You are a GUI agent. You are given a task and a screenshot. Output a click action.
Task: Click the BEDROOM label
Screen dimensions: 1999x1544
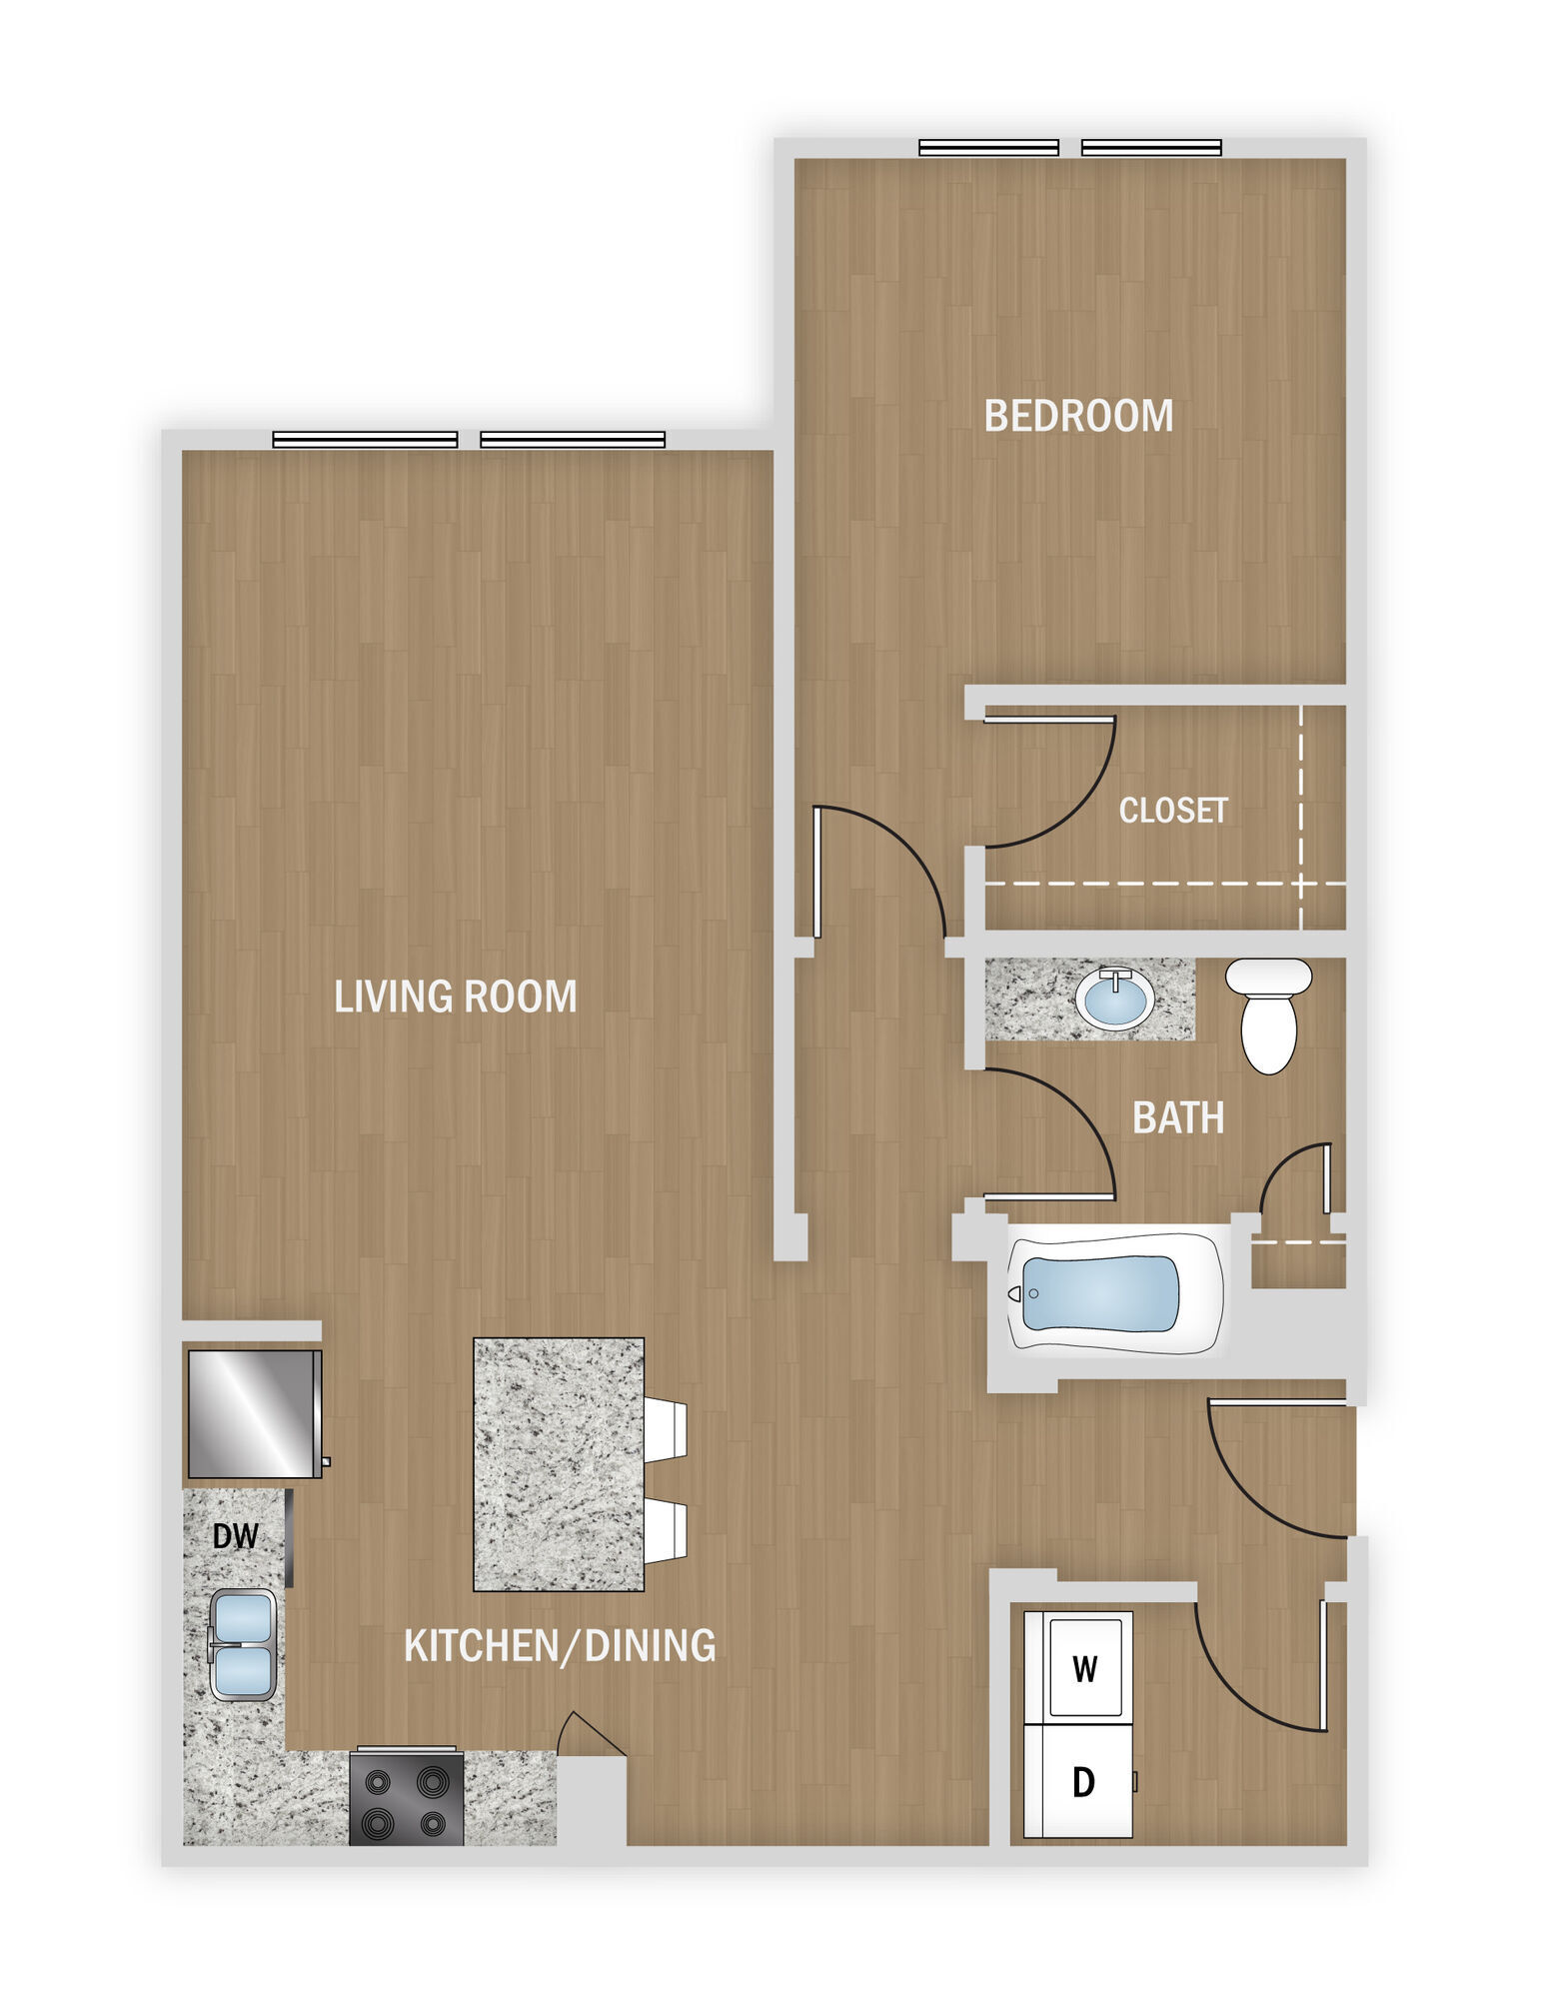click(1078, 416)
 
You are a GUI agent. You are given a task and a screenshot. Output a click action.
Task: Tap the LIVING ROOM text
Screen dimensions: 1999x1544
click(455, 997)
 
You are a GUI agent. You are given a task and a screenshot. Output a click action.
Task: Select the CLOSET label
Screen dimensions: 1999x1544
click(1172, 810)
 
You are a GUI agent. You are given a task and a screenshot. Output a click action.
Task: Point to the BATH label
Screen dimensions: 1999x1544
click(1178, 1117)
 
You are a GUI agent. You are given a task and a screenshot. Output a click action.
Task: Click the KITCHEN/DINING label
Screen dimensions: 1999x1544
click(560, 1645)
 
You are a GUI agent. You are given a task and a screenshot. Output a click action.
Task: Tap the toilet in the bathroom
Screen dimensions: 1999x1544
click(1269, 1013)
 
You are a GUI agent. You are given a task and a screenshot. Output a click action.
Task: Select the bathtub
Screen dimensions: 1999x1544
click(1114, 1293)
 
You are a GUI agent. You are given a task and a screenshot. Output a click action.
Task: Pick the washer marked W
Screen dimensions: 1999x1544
click(1084, 1668)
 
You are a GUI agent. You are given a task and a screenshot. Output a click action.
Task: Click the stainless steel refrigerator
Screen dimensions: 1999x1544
click(254, 1413)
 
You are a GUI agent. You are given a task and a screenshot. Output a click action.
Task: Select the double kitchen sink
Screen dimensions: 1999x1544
click(242, 1646)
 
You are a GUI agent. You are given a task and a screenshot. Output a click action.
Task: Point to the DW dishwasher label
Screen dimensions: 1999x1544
click(236, 1536)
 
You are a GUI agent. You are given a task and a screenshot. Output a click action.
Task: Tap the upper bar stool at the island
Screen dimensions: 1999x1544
click(665, 1429)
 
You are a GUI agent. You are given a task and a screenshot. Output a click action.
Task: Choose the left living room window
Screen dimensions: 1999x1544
click(365, 440)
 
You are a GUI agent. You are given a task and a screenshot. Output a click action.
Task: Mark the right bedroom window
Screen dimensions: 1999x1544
click(1151, 148)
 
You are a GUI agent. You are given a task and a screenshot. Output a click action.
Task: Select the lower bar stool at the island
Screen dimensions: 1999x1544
click(665, 1531)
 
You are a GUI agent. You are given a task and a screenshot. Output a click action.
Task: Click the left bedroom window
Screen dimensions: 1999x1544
click(988, 148)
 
